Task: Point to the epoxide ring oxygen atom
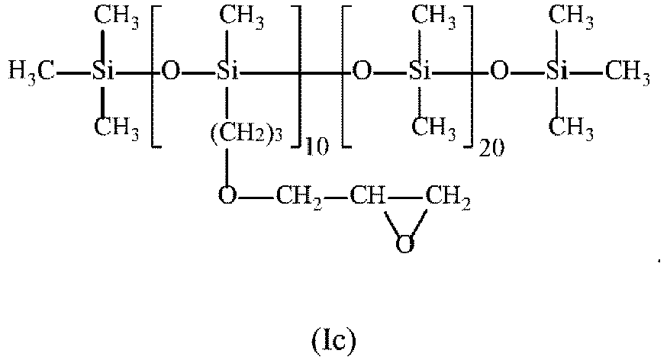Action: (405, 244)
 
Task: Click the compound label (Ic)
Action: (333, 342)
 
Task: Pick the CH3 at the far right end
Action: (627, 75)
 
